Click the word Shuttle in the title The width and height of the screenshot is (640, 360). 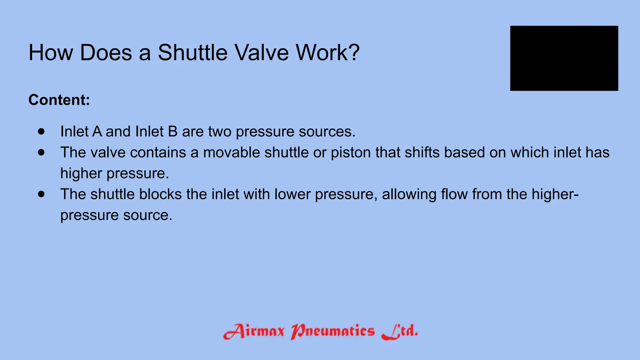193,52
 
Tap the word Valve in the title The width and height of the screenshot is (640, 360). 262,52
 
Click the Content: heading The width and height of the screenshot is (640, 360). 59,100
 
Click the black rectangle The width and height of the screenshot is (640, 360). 564,58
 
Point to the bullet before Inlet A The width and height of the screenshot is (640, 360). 41,132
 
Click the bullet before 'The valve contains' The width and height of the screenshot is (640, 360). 41,152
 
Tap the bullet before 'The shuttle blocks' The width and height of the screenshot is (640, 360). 41,194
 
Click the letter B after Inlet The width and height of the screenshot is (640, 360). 173,132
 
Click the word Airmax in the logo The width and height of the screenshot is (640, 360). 254,331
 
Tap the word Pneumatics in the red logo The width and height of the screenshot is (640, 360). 332,331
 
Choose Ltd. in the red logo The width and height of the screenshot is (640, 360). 400,331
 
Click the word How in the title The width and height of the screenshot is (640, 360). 51,52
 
